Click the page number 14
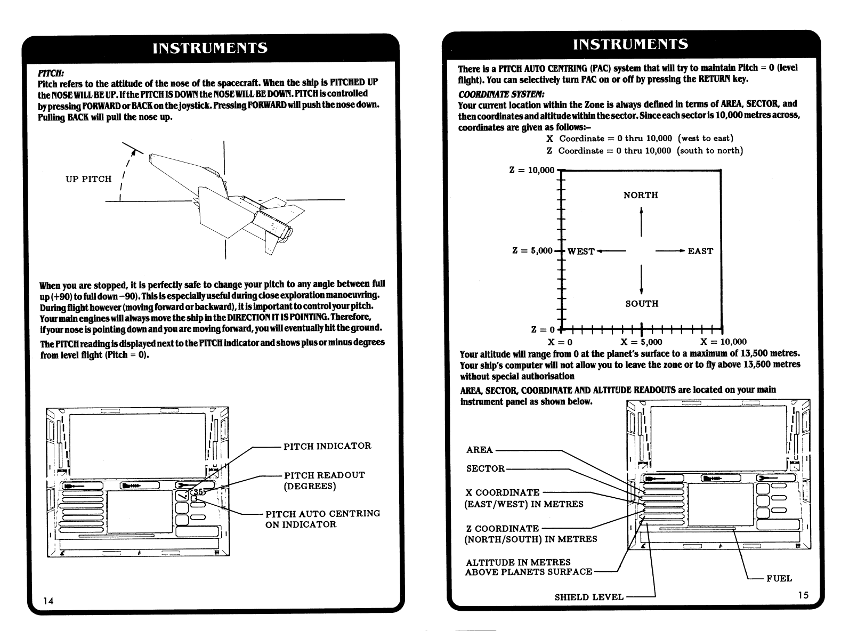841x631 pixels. (x=48, y=601)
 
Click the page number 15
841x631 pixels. (x=803, y=595)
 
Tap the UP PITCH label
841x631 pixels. (x=88, y=179)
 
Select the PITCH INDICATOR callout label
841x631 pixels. (x=327, y=446)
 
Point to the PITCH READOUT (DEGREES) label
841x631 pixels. (x=324, y=481)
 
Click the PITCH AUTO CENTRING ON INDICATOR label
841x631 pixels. (x=322, y=519)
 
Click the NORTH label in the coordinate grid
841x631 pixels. (x=641, y=196)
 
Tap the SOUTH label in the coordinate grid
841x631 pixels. (x=642, y=304)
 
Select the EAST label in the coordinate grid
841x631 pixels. (x=700, y=251)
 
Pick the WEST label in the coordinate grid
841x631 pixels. (x=581, y=251)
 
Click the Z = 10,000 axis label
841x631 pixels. (x=532, y=170)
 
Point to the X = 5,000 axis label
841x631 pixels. (x=641, y=342)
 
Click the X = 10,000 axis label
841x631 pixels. (x=723, y=342)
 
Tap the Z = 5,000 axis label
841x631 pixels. (x=532, y=251)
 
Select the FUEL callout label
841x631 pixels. (x=779, y=579)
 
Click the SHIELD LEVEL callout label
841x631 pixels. (x=589, y=597)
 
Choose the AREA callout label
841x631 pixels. (x=480, y=450)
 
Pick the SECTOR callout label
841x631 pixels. (x=486, y=469)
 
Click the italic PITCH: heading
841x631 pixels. (x=51, y=72)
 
